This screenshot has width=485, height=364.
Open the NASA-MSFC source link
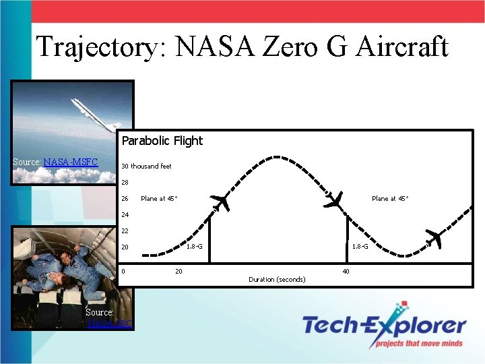point(71,162)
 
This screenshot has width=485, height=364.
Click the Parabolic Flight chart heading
point(162,141)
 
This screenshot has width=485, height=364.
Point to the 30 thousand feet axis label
point(146,166)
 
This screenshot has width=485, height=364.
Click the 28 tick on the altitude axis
point(125,182)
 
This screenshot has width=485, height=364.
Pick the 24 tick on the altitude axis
point(125,215)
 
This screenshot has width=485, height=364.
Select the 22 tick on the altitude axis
point(125,231)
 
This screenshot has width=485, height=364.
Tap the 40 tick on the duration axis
point(346,271)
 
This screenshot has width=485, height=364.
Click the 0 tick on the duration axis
point(123,271)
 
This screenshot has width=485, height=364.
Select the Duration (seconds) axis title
point(277,279)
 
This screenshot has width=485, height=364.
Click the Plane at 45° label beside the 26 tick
point(159,199)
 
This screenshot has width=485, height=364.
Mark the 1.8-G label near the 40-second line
point(360,247)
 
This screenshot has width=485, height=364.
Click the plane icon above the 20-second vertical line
point(220,201)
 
